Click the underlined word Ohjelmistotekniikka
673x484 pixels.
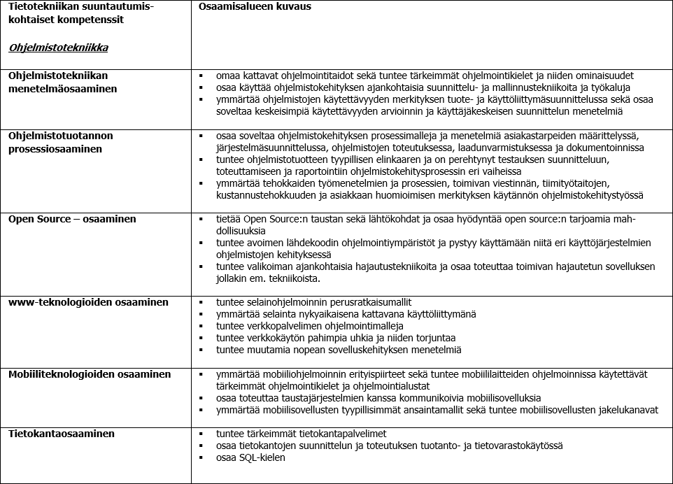58,48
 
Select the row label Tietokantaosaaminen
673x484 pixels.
62,434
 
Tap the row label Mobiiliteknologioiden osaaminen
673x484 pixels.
90,375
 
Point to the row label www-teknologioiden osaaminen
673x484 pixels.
88,302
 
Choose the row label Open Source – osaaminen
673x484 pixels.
72,219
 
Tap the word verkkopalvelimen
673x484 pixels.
282,326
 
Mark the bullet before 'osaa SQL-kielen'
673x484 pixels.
201,458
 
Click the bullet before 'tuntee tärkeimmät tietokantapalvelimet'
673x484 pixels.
201,434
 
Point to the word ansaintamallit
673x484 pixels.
430,410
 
